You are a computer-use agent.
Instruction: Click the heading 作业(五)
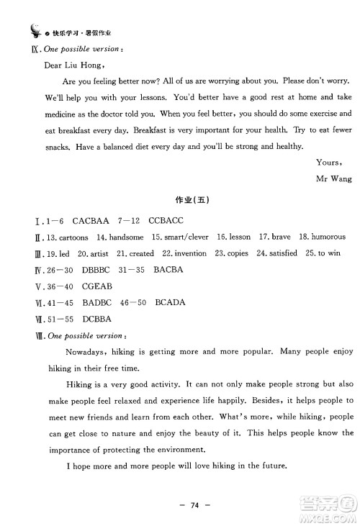click(179, 200)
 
